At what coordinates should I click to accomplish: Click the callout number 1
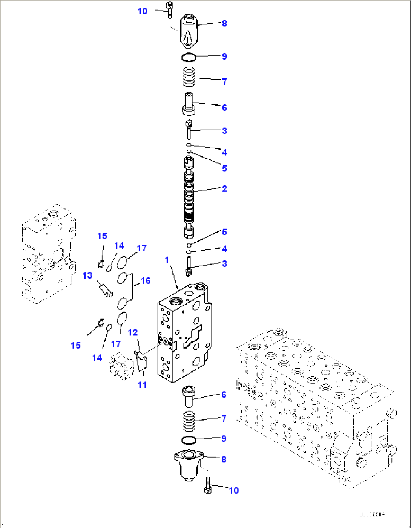[x=167, y=260]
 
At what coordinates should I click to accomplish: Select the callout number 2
[x=224, y=188]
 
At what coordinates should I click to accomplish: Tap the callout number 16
[x=146, y=281]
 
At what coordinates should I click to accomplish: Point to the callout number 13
[x=87, y=275]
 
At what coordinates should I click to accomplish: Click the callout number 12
[x=133, y=332]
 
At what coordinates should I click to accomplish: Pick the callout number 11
[x=142, y=385]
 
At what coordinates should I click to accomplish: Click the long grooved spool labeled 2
[x=189, y=198]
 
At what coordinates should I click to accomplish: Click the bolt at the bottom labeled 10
[x=208, y=485]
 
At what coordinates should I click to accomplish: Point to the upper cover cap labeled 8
[x=188, y=31]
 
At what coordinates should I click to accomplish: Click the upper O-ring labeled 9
[x=189, y=58]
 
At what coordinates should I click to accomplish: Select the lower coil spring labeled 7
[x=189, y=421]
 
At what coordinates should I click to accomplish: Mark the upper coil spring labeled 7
[x=189, y=77]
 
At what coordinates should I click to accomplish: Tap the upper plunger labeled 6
[x=189, y=104]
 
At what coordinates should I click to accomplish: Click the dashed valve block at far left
[x=48, y=254]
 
